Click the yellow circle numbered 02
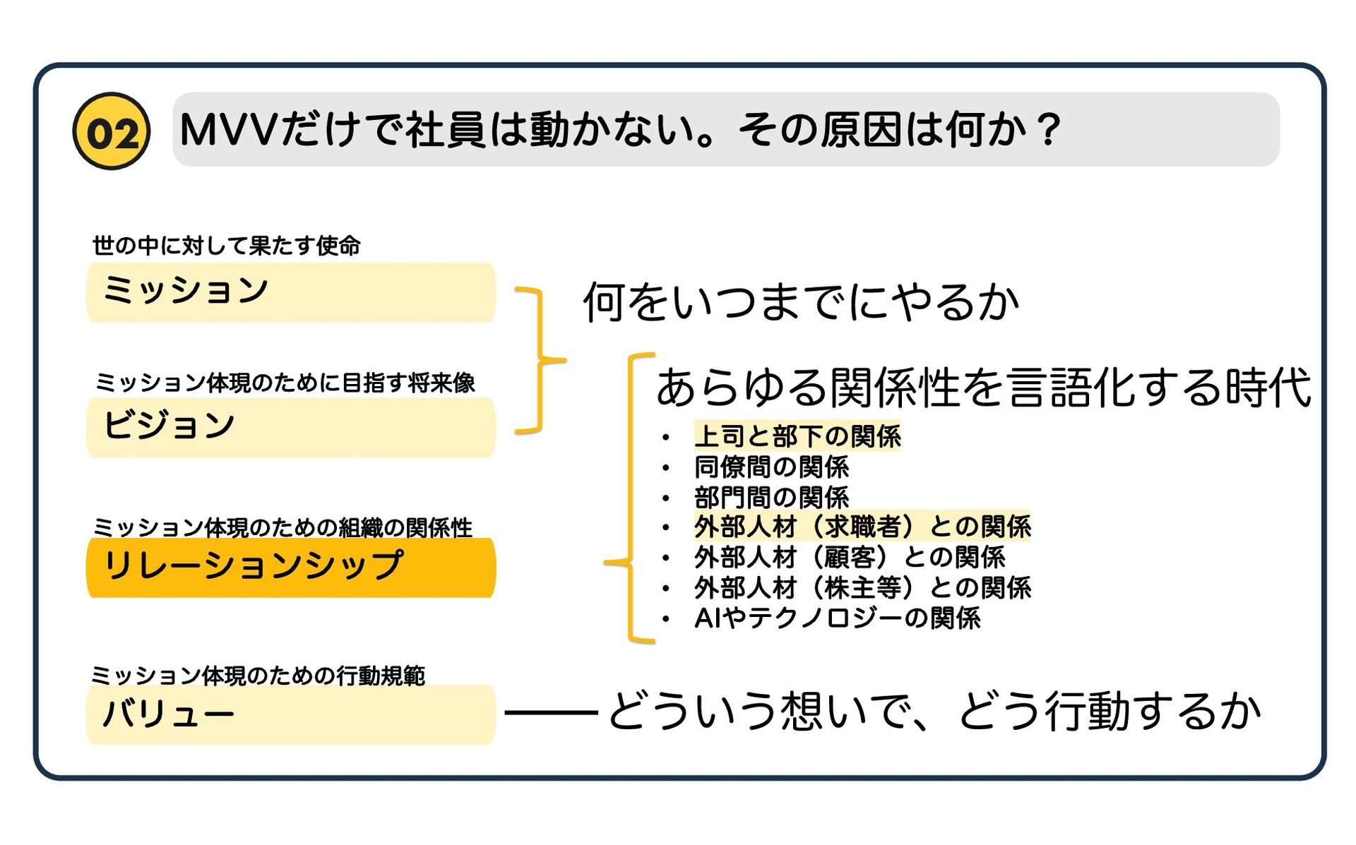point(112,131)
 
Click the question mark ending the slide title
point(1049,130)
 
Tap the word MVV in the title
point(227,130)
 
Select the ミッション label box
point(290,292)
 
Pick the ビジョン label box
point(290,427)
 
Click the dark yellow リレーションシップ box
point(290,568)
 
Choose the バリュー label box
point(290,714)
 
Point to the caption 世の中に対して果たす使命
point(226,246)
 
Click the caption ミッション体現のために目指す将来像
point(285,383)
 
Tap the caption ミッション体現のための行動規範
point(258,676)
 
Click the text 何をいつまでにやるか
point(800,302)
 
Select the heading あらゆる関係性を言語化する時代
point(983,388)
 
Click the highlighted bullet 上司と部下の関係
point(797,436)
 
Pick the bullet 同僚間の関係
point(771,467)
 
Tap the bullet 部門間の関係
point(771,497)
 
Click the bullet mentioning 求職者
point(862,527)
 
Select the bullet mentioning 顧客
point(849,557)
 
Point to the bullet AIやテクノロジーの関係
point(837,618)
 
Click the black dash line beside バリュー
point(551,713)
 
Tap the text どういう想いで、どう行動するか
point(934,711)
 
